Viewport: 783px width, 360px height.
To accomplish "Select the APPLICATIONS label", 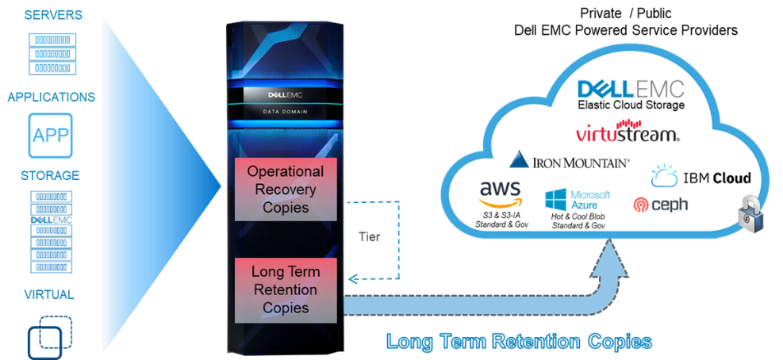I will coord(51,97).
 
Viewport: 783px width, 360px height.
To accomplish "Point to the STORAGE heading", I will coord(51,175).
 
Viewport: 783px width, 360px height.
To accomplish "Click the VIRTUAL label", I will coord(49,295).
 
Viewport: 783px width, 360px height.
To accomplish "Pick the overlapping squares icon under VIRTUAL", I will coord(50,336).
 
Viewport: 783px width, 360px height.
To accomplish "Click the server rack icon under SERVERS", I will coord(51,52).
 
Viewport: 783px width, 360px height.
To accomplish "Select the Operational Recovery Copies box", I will coord(286,191).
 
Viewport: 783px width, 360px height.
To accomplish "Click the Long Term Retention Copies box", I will coord(285,289).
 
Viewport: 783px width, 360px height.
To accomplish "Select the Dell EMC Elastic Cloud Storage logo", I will coord(631,94).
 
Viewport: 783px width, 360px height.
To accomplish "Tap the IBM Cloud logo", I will coord(700,176).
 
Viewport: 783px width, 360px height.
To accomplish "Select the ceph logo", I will coord(660,205).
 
